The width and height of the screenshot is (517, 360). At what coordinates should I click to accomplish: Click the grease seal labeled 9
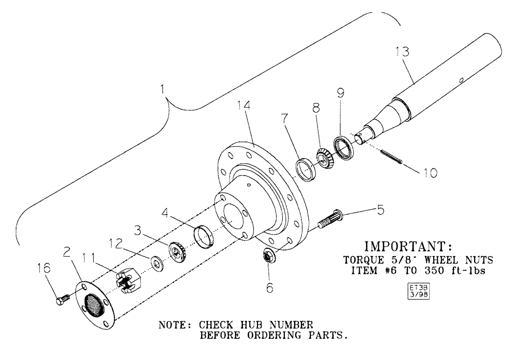(x=343, y=144)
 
